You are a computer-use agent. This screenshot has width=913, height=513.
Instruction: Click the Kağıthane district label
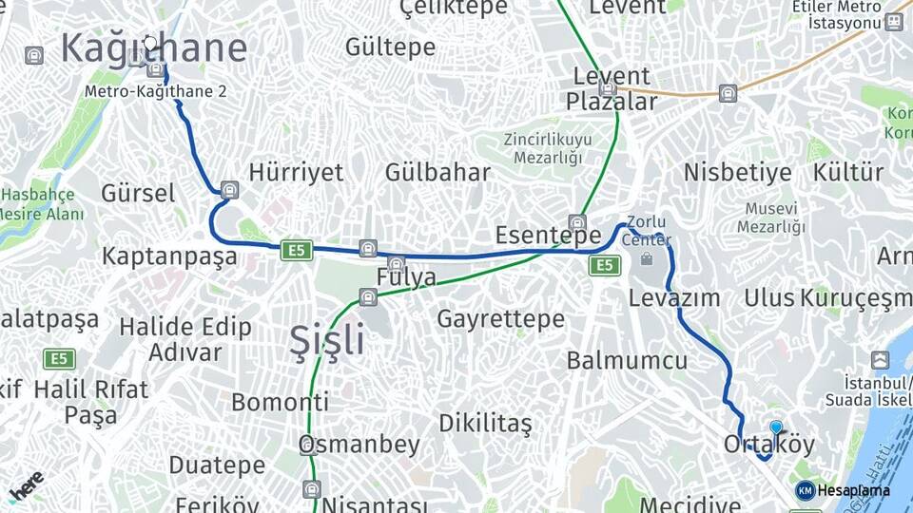tap(154, 48)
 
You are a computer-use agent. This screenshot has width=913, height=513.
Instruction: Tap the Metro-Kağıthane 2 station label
tap(156, 92)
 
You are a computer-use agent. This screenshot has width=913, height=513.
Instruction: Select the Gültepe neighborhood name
tap(390, 47)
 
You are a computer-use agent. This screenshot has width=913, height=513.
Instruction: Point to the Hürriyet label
tap(296, 172)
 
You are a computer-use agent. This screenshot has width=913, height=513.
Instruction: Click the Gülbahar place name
tap(437, 172)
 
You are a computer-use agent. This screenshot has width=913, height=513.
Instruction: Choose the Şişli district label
tap(326, 339)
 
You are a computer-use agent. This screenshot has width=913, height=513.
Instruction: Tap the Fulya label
tap(406, 277)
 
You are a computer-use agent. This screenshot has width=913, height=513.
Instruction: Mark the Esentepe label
tap(549, 235)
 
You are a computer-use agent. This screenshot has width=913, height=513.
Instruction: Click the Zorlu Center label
tap(647, 231)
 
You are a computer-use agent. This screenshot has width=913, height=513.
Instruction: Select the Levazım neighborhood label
tap(674, 297)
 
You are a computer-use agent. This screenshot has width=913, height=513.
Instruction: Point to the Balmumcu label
tap(627, 360)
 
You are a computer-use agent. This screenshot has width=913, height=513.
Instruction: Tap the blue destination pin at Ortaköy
tap(776, 428)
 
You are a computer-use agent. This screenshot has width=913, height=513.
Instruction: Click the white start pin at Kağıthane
tap(149, 43)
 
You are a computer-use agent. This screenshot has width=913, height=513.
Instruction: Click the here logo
tap(26, 484)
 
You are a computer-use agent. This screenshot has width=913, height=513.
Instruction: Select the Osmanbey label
tap(359, 444)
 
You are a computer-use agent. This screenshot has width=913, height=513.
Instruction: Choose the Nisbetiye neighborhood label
tap(737, 172)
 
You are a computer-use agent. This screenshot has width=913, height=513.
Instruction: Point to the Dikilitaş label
tap(485, 423)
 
